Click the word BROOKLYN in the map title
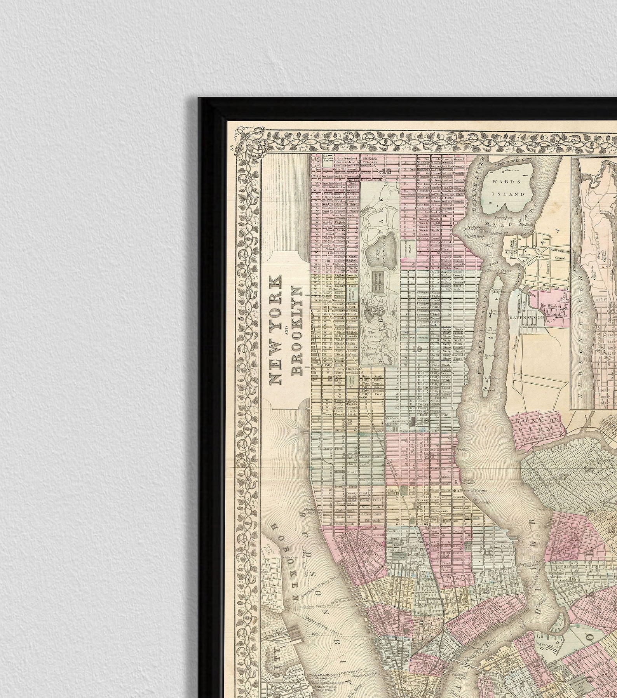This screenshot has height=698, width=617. click(296, 331)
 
